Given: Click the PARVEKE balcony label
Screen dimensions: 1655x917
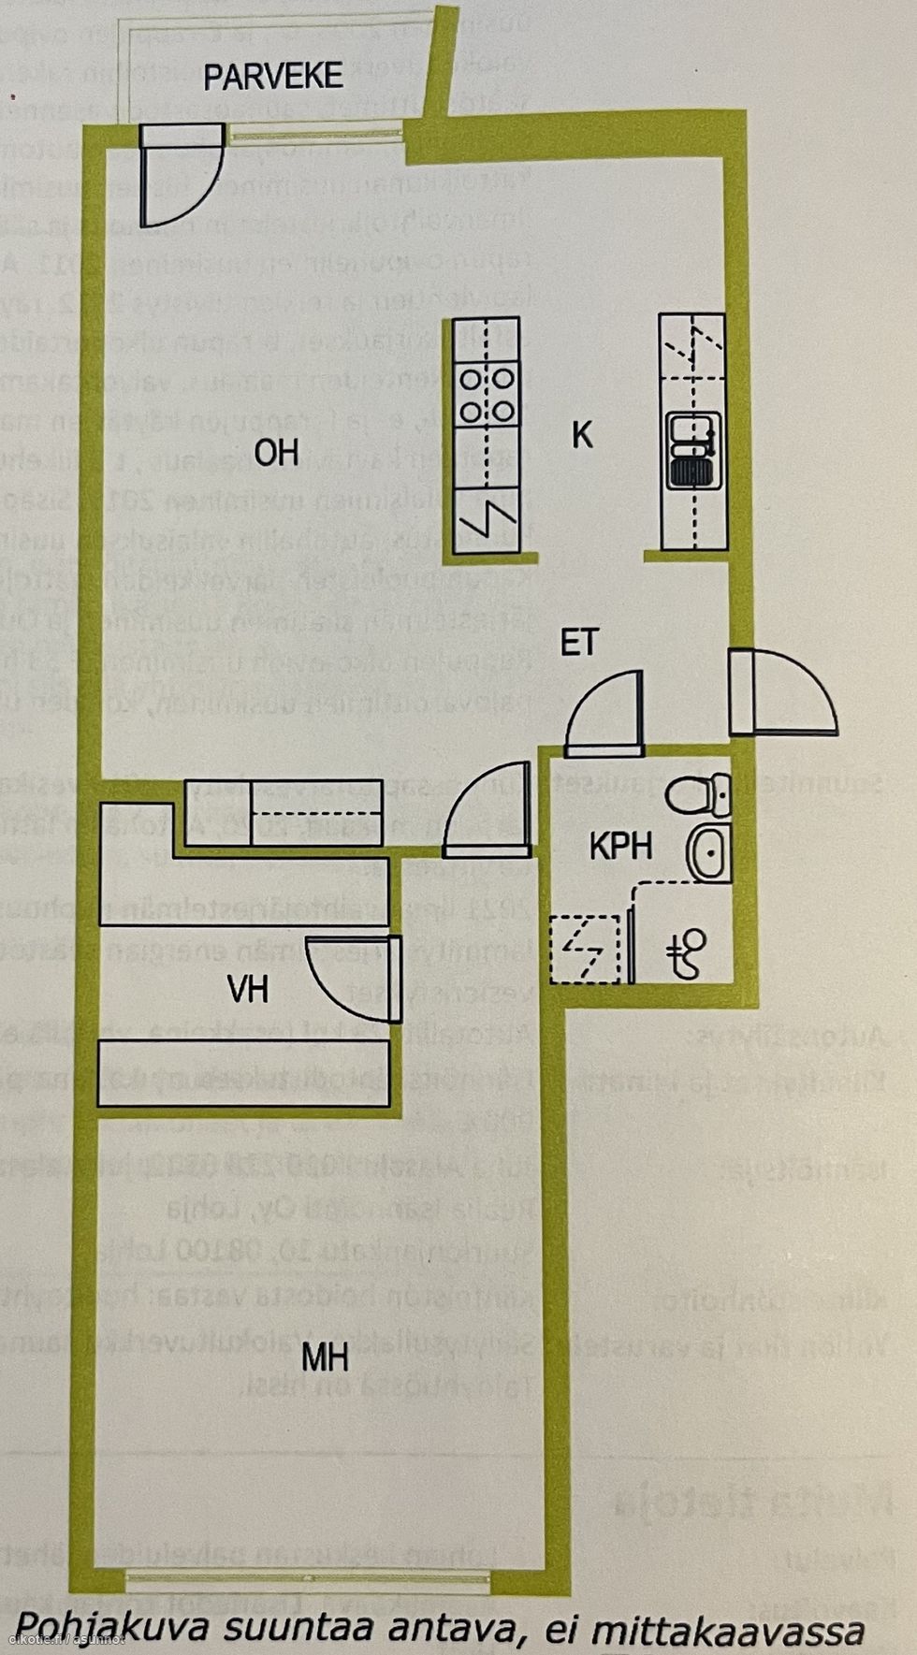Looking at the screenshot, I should click(273, 77).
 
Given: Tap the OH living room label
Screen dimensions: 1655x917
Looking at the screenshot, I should click(276, 453).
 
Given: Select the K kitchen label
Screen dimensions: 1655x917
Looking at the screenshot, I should click(582, 435).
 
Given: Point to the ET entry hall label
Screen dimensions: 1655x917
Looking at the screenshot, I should click(579, 644).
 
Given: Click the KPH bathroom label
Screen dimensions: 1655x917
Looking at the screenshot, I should click(620, 847).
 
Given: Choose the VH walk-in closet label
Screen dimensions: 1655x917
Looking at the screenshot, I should click(248, 990).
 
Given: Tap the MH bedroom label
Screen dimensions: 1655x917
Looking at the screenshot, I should click(326, 1356).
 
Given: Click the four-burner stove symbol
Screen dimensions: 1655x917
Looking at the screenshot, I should click(488, 395).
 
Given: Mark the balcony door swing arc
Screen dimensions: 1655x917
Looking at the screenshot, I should click(187, 187).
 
